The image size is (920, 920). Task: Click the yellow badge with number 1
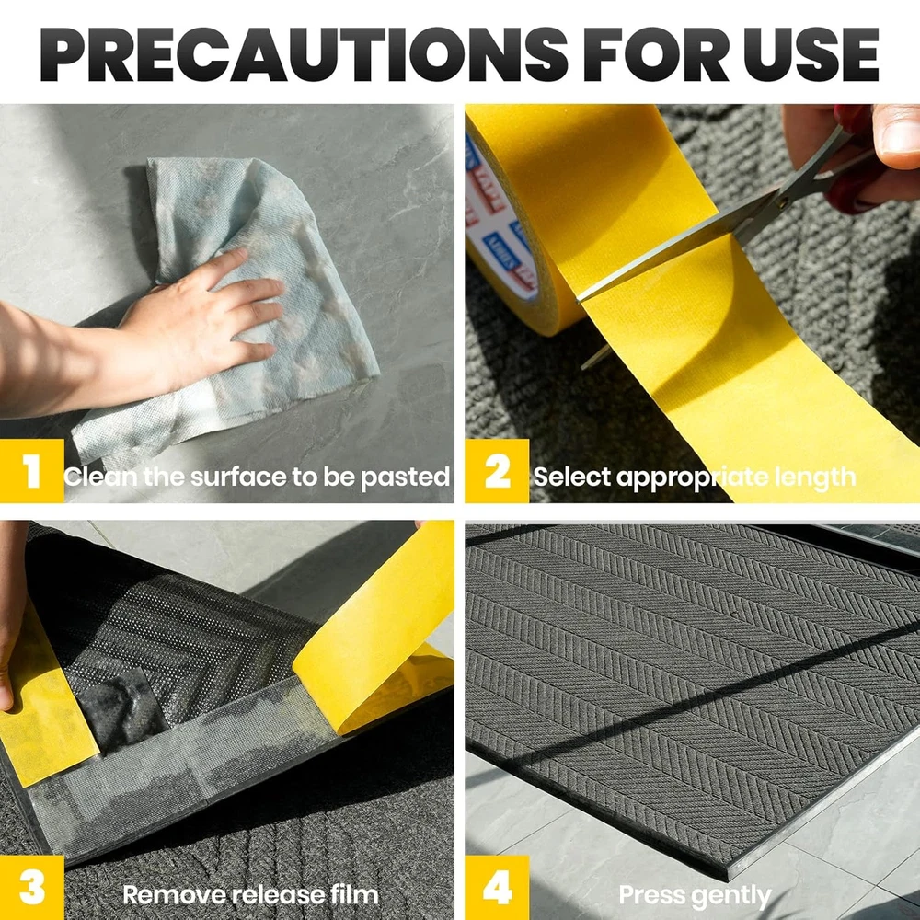point(31,470)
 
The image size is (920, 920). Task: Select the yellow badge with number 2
point(497,470)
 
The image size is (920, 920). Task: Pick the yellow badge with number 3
point(31,887)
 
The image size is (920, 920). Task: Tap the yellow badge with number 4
point(497,887)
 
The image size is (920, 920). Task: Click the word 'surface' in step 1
point(238,477)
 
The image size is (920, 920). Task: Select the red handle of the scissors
point(857,170)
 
